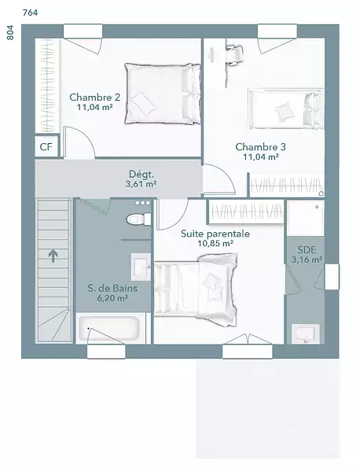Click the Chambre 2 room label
[x=95, y=98]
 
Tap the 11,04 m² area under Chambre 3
[x=261, y=157]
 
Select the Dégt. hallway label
[x=141, y=175]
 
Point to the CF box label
[x=46, y=147]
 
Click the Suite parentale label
[x=215, y=234]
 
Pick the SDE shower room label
[x=307, y=250]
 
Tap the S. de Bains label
[x=112, y=289]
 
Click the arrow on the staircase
[x=53, y=256]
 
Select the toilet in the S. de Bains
[x=138, y=219]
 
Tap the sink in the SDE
[x=306, y=334]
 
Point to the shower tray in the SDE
[x=306, y=218]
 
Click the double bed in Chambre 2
[x=163, y=94]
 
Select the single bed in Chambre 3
[x=286, y=109]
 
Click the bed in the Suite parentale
[x=196, y=289]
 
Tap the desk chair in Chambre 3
[x=235, y=54]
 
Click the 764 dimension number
[x=31, y=13]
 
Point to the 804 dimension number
[x=10, y=32]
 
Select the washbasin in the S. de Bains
[x=141, y=267]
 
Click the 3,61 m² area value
[x=141, y=184]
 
